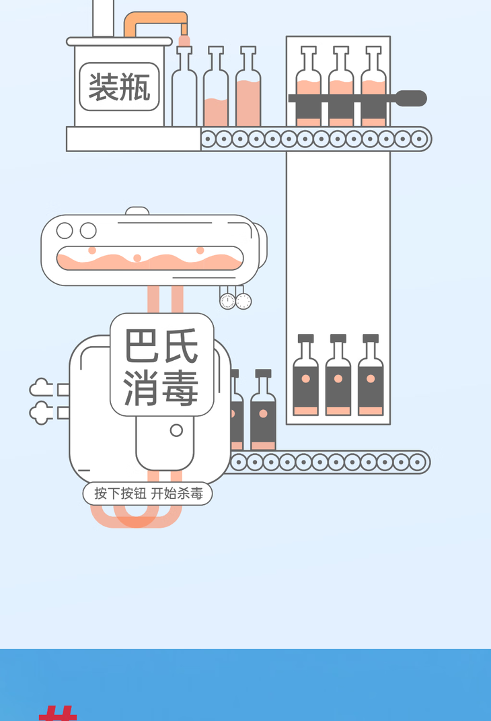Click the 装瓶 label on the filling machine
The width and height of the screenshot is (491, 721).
click(x=119, y=87)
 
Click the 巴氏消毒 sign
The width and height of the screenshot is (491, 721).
click(x=161, y=364)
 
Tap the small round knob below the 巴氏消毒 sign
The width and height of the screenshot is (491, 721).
click(x=176, y=430)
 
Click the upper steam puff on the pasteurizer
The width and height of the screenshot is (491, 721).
click(x=40, y=388)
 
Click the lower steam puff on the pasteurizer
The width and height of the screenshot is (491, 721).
click(x=40, y=412)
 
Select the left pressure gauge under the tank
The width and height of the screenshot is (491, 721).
click(x=227, y=302)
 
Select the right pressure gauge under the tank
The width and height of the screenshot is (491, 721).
click(x=243, y=302)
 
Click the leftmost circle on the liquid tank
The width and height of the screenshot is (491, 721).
click(x=65, y=231)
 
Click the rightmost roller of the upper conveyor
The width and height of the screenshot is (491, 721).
click(x=419, y=139)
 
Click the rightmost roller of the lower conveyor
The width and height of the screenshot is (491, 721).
click(x=417, y=462)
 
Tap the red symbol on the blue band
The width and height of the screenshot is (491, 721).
click(x=58, y=713)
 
